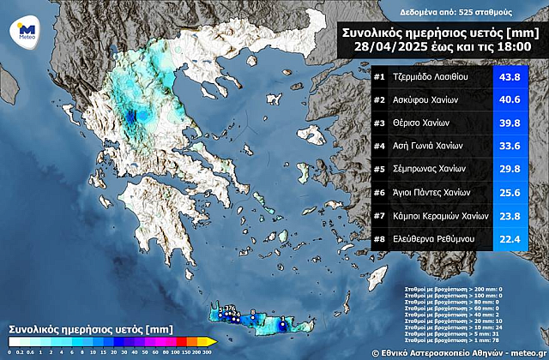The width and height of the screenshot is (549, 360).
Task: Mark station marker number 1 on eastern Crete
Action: pyautogui.click(x=284, y=321)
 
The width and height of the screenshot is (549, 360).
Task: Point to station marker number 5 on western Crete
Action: pyautogui.click(x=220, y=310)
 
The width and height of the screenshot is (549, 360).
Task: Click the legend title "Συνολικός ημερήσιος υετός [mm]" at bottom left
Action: pyautogui.click(x=78, y=328)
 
